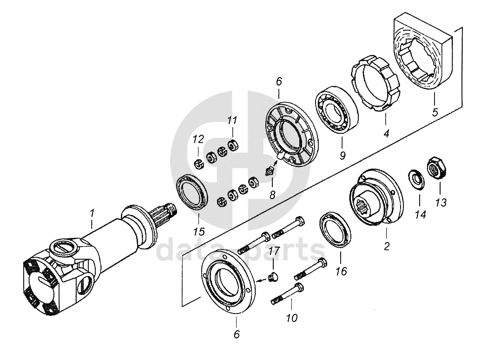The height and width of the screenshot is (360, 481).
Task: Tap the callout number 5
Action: [x=435, y=112]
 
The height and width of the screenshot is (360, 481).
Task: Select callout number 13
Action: [x=441, y=203]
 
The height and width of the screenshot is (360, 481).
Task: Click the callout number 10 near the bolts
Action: [x=292, y=318]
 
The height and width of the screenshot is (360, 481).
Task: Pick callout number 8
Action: [x=272, y=194]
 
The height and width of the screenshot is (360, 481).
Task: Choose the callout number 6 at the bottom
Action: [x=237, y=334]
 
